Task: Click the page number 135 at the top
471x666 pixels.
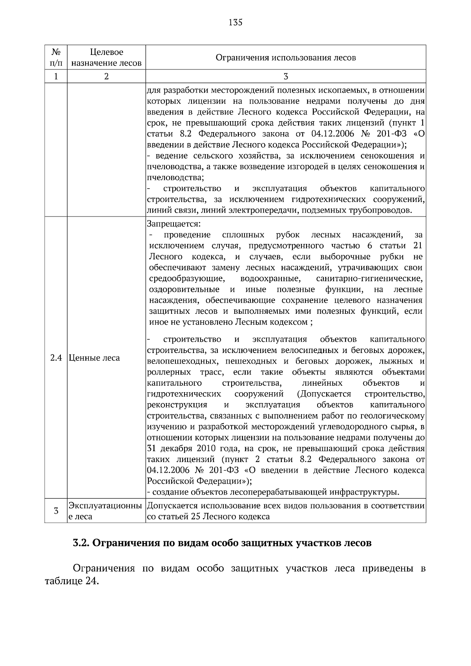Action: [x=235, y=22]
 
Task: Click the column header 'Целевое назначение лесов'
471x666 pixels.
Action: [x=106, y=57]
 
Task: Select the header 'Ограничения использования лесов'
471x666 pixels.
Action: [x=286, y=58]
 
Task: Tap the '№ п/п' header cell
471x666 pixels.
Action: [x=56, y=57]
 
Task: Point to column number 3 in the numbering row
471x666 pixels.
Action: [x=286, y=76]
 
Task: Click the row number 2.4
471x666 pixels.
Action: [x=56, y=358]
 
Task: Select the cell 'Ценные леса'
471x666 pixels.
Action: [x=94, y=358]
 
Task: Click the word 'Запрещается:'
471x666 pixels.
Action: [x=173, y=224]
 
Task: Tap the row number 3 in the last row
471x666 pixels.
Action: [x=56, y=511]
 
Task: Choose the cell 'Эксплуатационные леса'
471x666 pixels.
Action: [x=105, y=511]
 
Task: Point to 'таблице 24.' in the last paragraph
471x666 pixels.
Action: [x=71, y=581]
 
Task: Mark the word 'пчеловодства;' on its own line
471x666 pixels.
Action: [x=175, y=178]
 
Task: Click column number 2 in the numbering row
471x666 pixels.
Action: [x=106, y=76]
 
